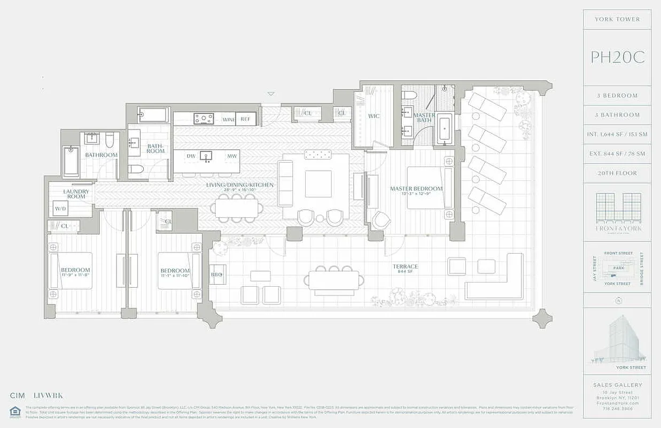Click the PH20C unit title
[617, 57]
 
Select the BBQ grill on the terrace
[217, 274]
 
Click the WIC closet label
[374, 116]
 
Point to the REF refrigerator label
[245, 119]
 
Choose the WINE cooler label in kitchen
[229, 119]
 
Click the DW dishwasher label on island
[191, 156]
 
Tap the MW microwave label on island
[231, 156]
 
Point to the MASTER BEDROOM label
[416, 189]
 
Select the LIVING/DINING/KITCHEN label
[240, 185]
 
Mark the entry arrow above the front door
[271, 94]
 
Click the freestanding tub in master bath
[444, 128]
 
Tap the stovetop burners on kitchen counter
[204, 119]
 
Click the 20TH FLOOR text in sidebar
[617, 173]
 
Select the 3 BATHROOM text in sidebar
[617, 115]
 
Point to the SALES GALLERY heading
[617, 385]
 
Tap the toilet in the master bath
[409, 95]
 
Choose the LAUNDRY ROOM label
[76, 194]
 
